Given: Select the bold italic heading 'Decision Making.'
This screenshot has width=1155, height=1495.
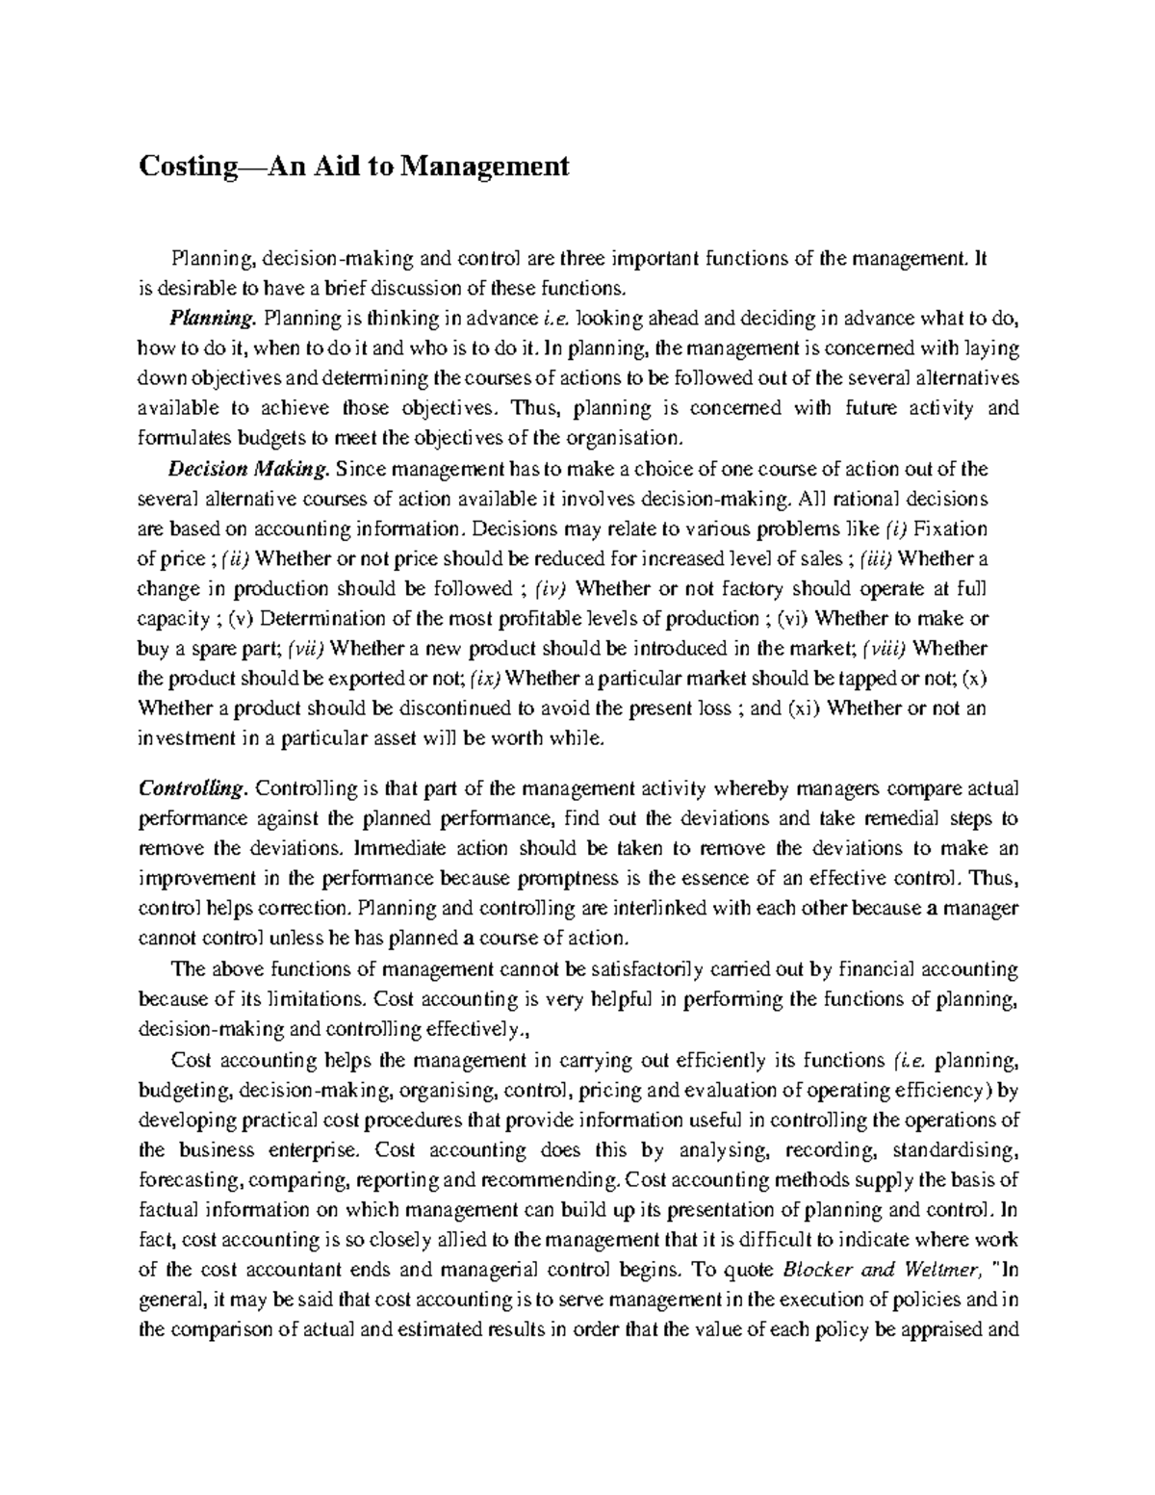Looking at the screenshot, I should [x=249, y=470].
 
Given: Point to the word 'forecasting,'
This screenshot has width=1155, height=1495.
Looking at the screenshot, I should [x=192, y=1179].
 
